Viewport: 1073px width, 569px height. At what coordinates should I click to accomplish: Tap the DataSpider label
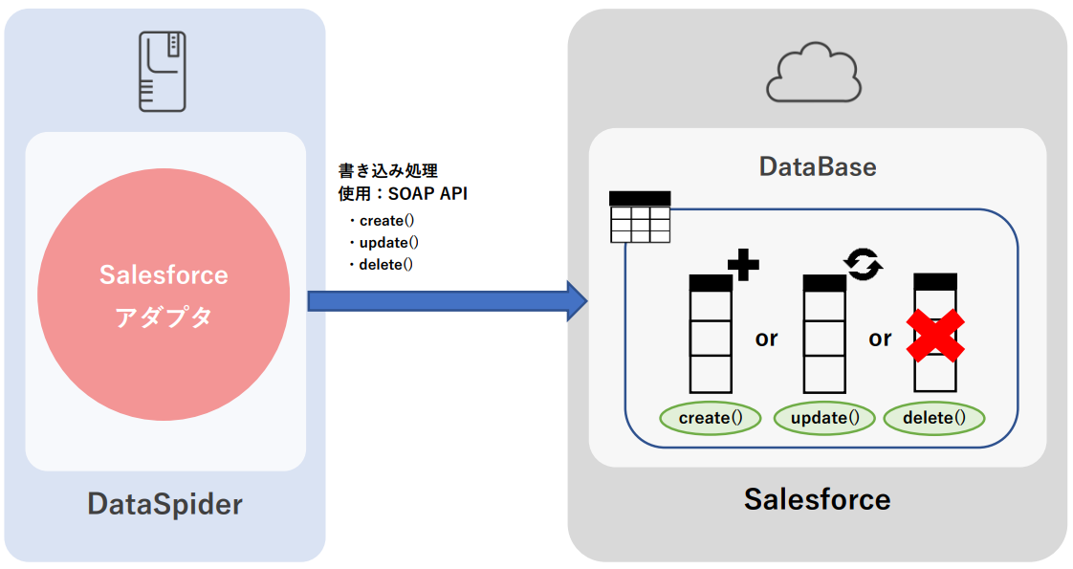coord(164,504)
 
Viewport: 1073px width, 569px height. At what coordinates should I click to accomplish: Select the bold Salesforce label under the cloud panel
coord(817,498)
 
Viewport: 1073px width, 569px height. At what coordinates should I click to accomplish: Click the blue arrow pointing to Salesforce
coord(446,301)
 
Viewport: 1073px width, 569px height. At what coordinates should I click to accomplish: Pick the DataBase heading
coord(817,166)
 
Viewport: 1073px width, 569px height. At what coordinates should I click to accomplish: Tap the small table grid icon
coord(640,217)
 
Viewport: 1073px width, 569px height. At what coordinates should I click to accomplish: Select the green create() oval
coord(710,418)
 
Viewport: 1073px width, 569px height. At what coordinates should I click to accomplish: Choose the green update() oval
coord(823,418)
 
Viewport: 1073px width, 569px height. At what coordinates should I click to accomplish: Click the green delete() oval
coord(933,418)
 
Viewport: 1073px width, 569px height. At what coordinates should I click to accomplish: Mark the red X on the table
coord(934,336)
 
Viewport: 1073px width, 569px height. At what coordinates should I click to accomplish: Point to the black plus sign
coord(742,264)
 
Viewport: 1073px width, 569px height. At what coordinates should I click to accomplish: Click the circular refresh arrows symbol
coord(863,264)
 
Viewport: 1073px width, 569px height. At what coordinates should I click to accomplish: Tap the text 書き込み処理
coord(388,171)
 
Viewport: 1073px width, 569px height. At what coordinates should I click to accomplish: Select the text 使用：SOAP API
coord(403,194)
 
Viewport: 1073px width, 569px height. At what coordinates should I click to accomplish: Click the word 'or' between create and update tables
coord(766,339)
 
